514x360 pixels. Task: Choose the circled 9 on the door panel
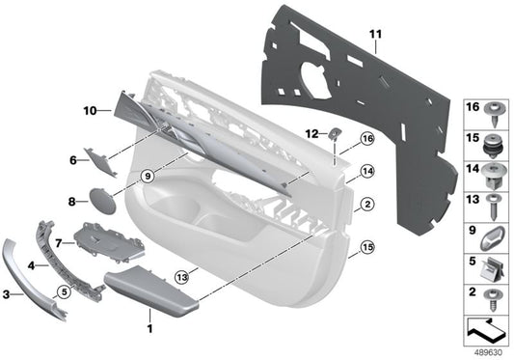click(x=146, y=177)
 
